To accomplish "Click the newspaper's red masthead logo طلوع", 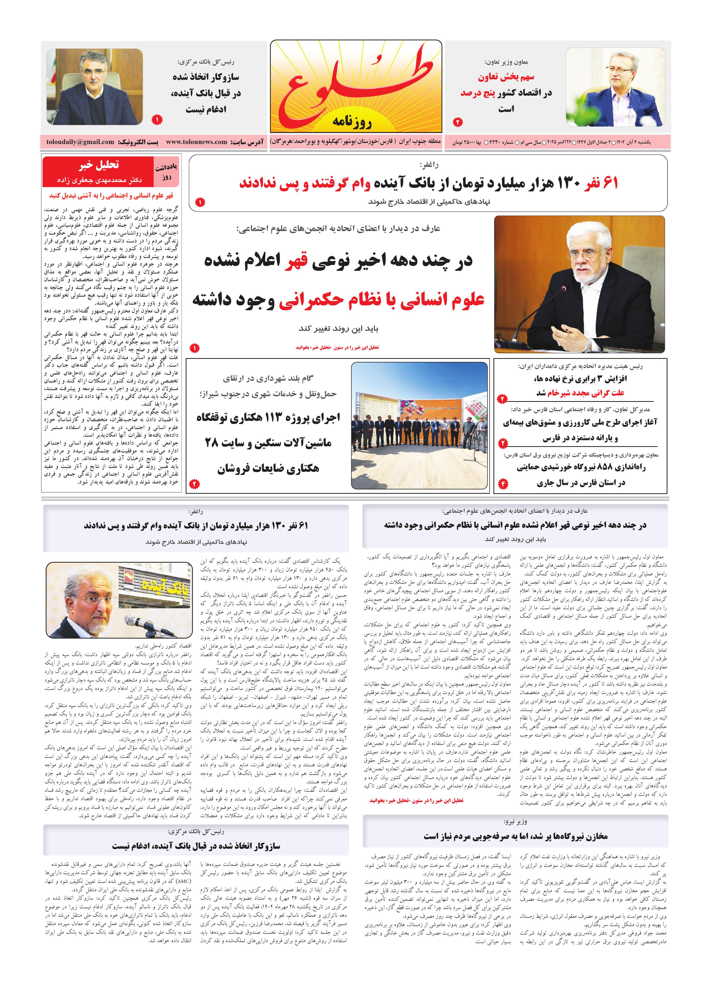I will click(356, 83).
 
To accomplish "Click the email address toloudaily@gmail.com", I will click(80, 142).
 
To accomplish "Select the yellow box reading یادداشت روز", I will click(166, 172).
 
